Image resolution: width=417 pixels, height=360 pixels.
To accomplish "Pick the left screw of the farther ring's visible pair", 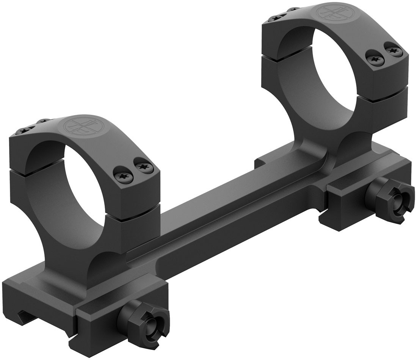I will pyautogui.click(x=377, y=57).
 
